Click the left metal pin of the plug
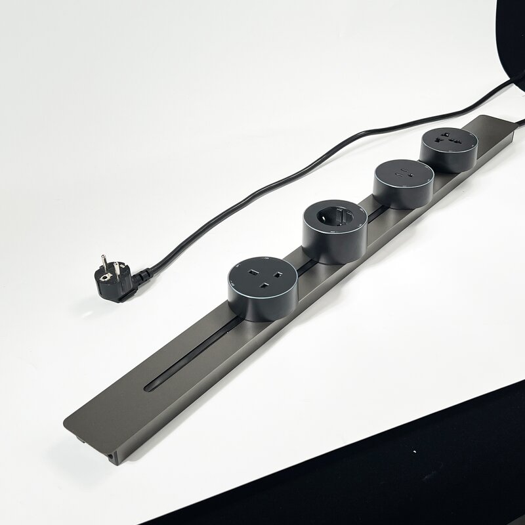103,262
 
